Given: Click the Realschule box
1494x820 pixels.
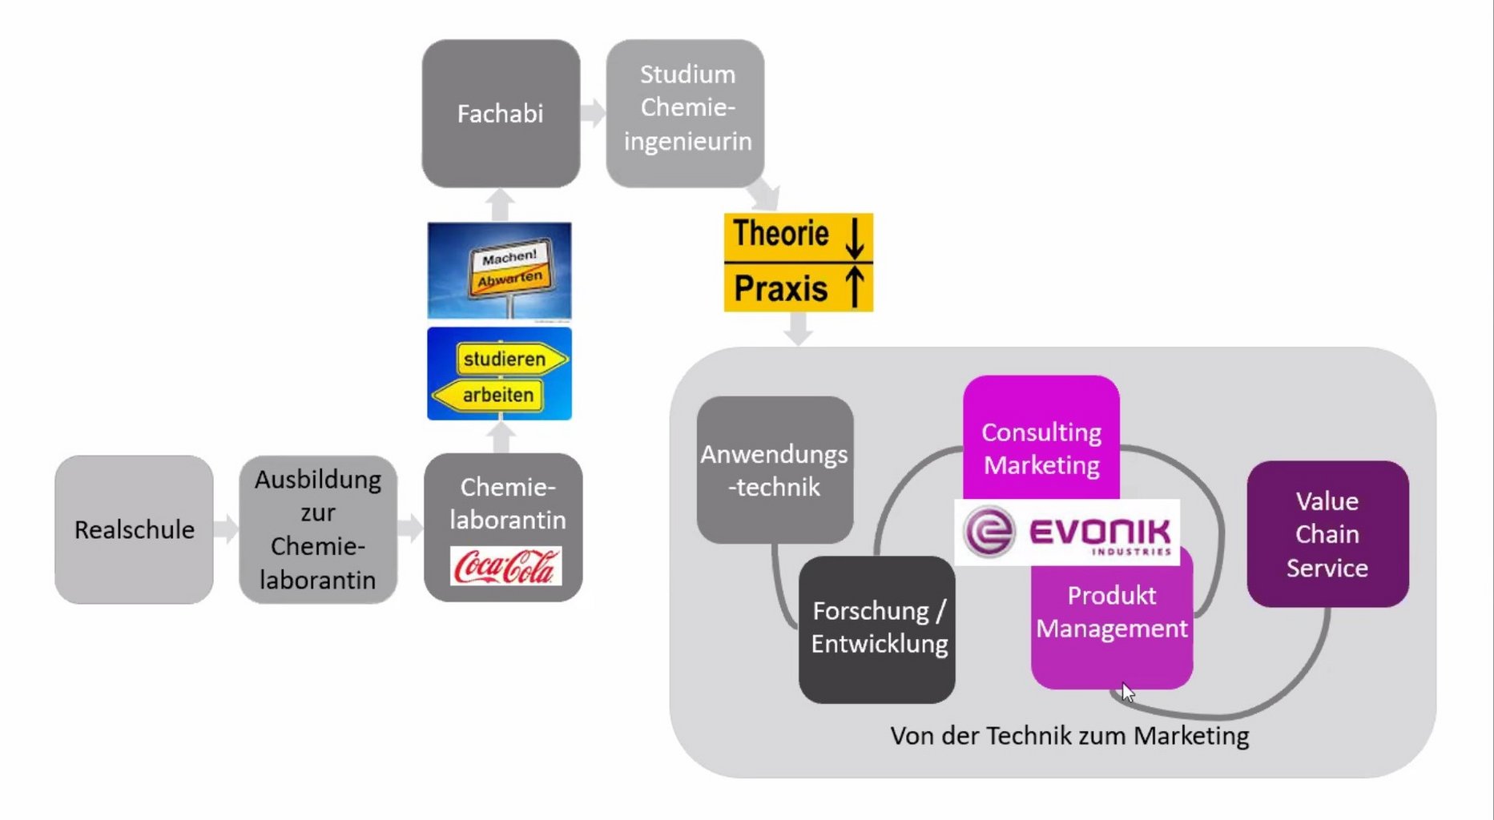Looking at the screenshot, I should point(134,529).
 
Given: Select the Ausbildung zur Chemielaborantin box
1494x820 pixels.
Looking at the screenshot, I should point(317,529).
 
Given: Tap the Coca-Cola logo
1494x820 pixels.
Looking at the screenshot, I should point(505,566).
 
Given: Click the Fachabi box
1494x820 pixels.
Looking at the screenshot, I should point(501,114).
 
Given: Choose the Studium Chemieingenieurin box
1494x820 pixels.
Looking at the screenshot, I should point(686,108).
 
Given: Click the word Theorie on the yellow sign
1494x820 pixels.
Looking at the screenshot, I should point(780,234).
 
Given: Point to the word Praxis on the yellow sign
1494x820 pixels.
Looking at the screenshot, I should point(780,288).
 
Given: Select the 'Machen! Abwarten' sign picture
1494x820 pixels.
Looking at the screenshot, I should point(499,271).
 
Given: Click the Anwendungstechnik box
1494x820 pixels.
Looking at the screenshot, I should point(775,470).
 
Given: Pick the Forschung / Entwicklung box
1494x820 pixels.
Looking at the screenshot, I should point(878,629).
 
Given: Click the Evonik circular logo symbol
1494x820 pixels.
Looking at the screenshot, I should point(989,532).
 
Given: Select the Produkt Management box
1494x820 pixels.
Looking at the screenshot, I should point(1112,625).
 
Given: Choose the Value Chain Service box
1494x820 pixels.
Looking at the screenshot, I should point(1327,534).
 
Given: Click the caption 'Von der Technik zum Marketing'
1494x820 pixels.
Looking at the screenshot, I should point(1069,735).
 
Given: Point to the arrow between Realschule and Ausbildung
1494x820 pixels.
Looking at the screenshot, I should point(227,529).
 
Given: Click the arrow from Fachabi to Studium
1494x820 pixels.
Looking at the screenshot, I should point(594,113).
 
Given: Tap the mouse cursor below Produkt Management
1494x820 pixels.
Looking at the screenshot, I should point(1127,691).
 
